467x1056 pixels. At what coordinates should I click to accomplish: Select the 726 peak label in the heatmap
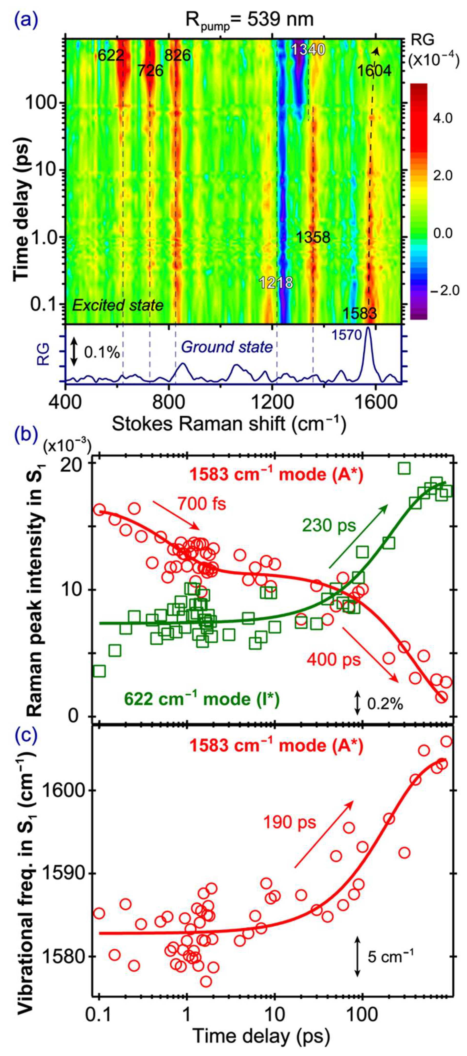pos(150,71)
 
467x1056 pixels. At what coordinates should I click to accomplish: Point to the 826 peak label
pos(178,55)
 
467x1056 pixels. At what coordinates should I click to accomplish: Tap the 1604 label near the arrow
pos(374,71)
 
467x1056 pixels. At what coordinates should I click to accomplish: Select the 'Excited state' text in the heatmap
pos(118,305)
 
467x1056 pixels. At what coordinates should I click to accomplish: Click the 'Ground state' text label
pos(227,347)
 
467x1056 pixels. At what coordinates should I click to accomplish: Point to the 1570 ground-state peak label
pos(347,335)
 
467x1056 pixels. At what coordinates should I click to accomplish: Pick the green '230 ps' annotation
pos(329,526)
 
